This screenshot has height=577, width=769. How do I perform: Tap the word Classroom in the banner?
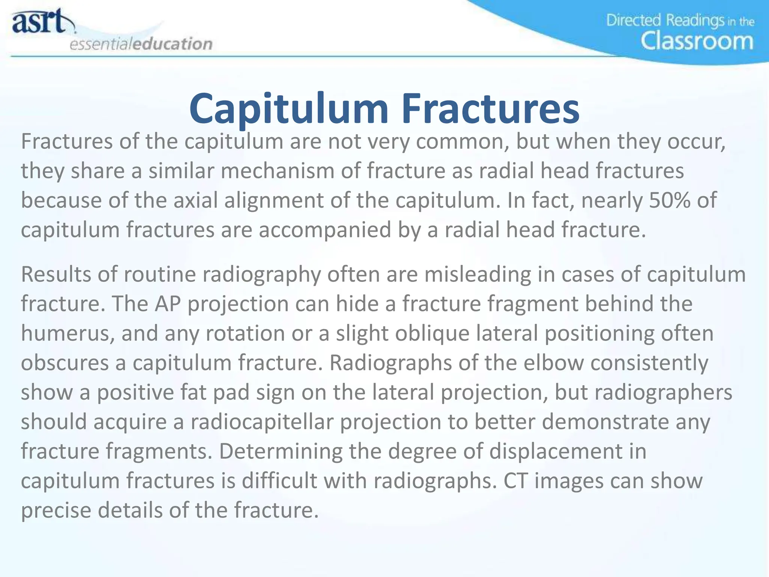click(x=697, y=41)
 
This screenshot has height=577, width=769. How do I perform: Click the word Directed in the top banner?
click(x=633, y=20)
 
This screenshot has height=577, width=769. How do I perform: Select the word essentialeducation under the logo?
click(x=141, y=44)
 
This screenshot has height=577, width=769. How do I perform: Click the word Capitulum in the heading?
click(x=288, y=109)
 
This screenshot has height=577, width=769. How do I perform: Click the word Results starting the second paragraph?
click(x=56, y=274)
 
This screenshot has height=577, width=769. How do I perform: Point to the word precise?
click(x=56, y=510)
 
